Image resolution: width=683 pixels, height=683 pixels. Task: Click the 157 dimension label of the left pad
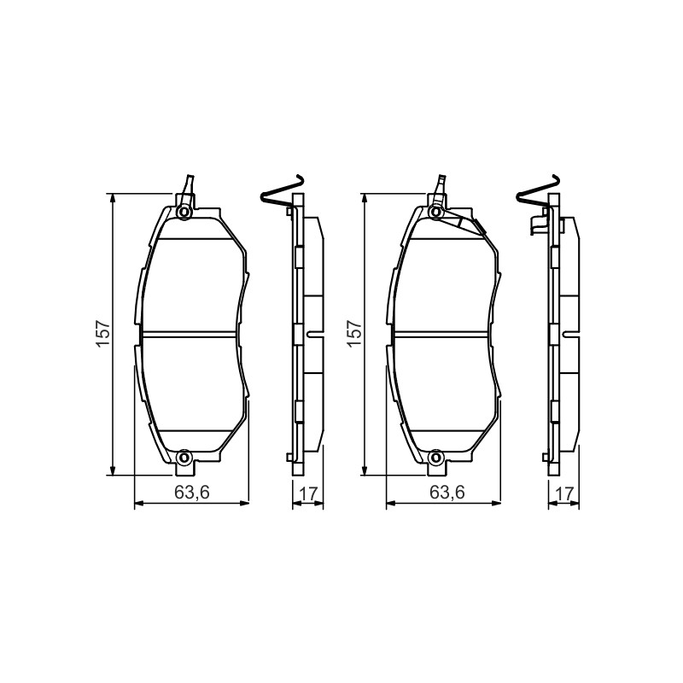[102, 334]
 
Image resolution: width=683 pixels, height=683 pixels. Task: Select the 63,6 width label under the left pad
[192, 493]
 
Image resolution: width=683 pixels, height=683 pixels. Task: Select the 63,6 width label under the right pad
[447, 493]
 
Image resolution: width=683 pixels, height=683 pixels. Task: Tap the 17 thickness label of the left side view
[308, 494]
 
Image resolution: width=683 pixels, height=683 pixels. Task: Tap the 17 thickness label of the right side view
[564, 494]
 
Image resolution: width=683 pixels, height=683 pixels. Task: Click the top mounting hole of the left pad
[184, 212]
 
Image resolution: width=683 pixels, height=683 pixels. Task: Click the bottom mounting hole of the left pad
[184, 458]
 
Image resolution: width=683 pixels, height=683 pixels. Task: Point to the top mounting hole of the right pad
[435, 212]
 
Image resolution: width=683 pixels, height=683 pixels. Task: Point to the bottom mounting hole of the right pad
[435, 458]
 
